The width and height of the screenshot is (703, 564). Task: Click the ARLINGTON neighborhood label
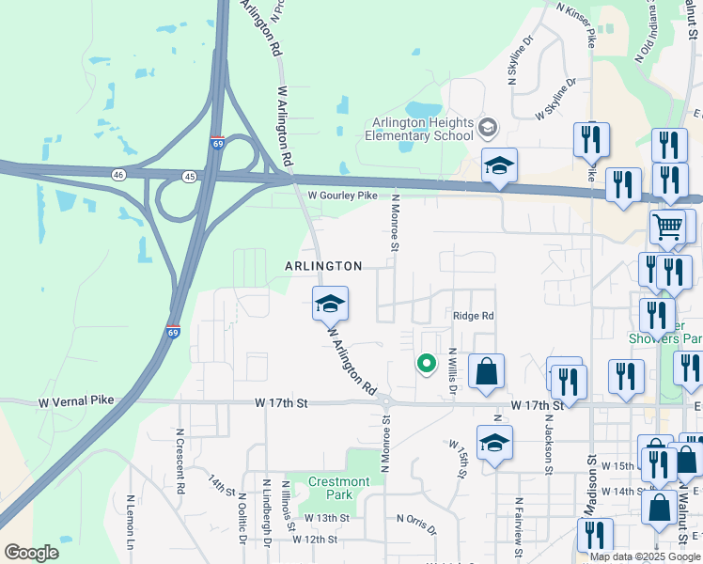323,267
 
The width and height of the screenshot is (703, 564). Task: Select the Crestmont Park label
339,488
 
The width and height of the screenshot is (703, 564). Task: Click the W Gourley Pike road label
342,195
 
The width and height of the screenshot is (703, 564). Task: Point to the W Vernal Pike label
76,401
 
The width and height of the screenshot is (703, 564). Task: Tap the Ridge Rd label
474,316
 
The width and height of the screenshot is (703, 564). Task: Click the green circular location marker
426,362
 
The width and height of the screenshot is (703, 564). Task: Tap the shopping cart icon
667,227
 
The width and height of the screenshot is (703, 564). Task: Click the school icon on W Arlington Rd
330,304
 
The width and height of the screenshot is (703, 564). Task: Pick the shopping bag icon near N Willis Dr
486,371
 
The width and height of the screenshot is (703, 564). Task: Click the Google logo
31,553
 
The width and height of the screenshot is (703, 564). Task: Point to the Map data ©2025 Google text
645,556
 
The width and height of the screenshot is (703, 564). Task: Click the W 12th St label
314,540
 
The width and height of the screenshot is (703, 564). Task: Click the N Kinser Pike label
576,24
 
